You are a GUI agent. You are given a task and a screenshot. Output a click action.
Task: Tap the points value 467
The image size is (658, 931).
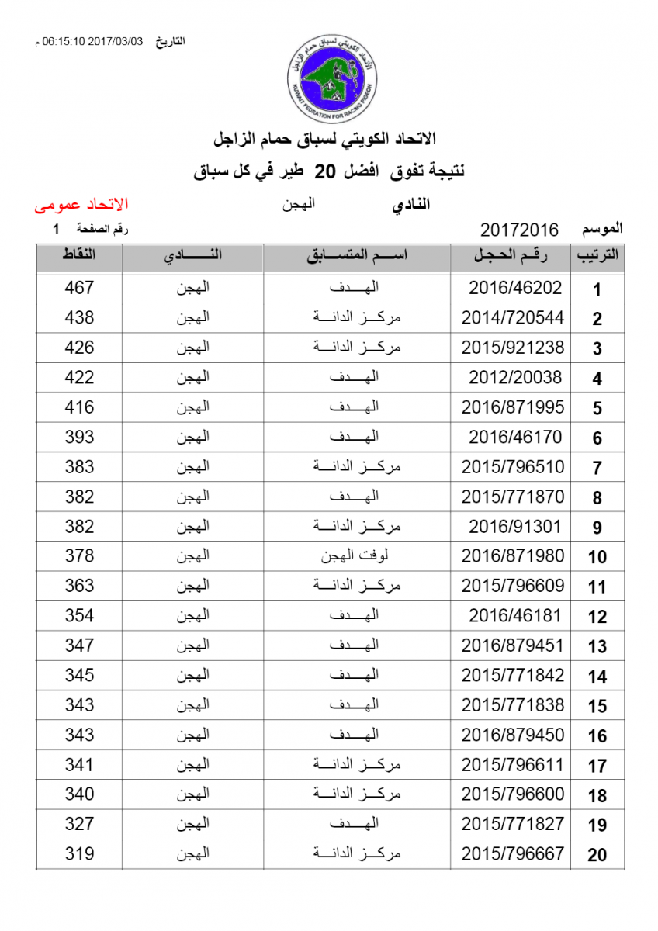click(79, 288)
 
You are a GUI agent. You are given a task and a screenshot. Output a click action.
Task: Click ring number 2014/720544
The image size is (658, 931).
click(513, 318)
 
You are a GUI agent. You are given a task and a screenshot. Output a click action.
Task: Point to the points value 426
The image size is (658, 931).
click(79, 348)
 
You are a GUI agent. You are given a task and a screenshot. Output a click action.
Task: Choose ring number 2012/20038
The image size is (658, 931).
click(514, 378)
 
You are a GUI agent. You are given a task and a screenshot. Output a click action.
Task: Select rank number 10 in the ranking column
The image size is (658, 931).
click(597, 557)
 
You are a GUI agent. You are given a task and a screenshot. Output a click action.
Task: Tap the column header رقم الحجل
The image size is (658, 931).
click(511, 258)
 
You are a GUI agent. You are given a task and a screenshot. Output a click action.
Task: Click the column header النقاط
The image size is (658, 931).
click(78, 257)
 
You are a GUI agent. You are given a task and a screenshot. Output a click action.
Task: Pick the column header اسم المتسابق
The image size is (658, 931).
click(357, 258)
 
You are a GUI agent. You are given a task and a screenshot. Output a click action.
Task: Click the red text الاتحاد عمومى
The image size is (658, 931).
click(81, 206)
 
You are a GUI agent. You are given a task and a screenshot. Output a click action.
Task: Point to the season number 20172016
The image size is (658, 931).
click(519, 230)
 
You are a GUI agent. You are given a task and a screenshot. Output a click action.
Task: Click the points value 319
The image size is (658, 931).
click(79, 853)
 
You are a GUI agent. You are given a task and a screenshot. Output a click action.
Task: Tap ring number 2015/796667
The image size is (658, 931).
click(513, 853)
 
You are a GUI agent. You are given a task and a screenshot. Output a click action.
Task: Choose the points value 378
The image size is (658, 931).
click(79, 555)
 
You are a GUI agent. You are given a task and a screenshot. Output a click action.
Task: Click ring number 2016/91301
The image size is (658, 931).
click(514, 527)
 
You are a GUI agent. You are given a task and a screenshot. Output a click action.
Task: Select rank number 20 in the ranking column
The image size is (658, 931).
click(597, 855)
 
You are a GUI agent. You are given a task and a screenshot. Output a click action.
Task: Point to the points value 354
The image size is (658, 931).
click(79, 615)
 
